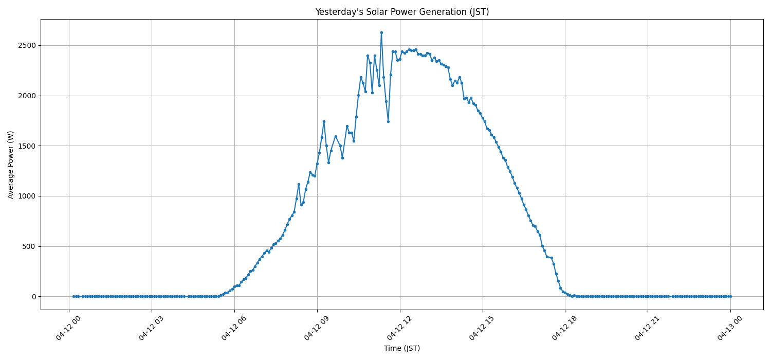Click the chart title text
click(x=402, y=12)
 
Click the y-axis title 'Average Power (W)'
click(x=11, y=165)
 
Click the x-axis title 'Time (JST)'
click(x=402, y=349)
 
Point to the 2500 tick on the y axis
click(x=25, y=45)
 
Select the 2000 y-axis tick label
click(x=25, y=96)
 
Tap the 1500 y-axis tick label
click(x=25, y=146)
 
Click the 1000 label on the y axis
click(x=25, y=196)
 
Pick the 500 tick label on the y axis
click(x=27, y=246)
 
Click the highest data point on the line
click(x=381, y=32)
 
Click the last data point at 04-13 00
click(x=730, y=296)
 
